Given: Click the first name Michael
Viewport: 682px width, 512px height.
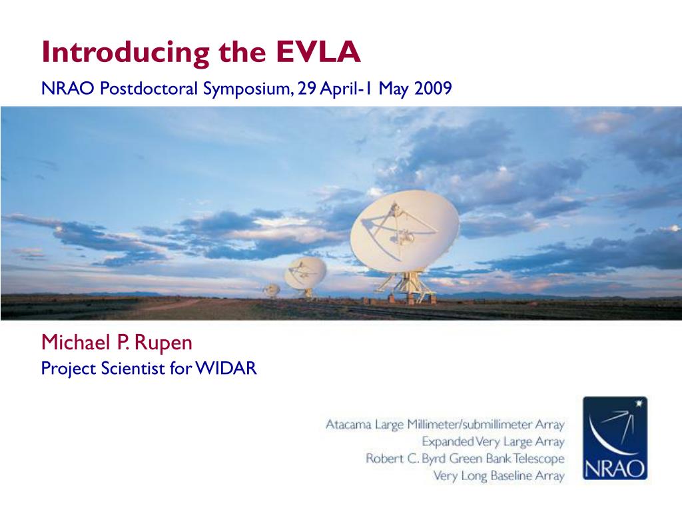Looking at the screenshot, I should pos(70,343).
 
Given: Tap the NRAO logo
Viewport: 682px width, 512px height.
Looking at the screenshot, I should pos(615,438).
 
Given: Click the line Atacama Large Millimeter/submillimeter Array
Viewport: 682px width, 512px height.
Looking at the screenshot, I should pos(444,424).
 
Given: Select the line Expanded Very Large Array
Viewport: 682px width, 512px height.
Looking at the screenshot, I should pos(493,441).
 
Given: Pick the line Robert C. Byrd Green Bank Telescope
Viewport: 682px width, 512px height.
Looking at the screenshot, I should pos(465,459).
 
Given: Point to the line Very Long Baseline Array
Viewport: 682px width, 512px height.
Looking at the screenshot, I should pos(498,476).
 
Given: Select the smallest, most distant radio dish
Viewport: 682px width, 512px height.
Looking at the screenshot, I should pos(271,290).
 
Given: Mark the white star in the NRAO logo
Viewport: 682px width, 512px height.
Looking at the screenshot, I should pos(640,403).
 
